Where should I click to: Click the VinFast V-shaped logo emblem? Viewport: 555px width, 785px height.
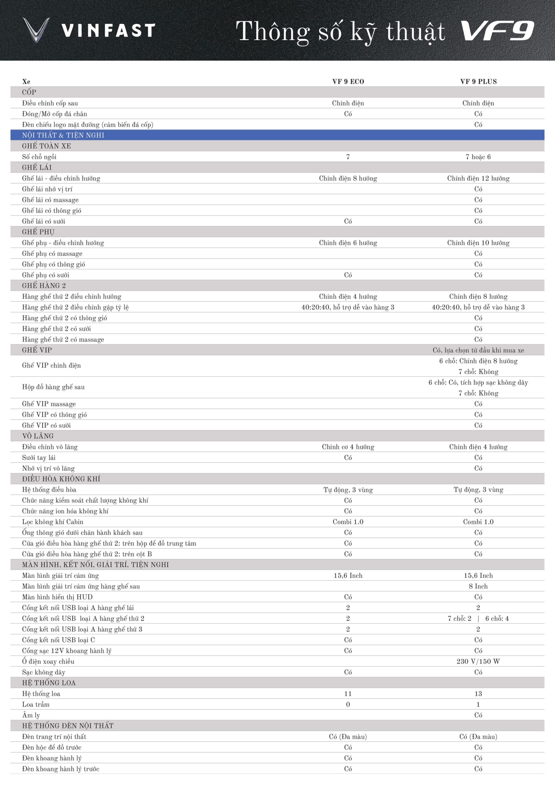(x=36, y=30)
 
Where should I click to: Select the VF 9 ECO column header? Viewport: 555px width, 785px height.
(x=348, y=82)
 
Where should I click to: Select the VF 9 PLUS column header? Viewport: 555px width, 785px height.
(x=478, y=82)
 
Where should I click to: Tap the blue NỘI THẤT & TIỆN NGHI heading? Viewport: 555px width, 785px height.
(x=63, y=135)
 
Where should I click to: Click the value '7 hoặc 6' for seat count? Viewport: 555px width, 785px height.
(x=478, y=157)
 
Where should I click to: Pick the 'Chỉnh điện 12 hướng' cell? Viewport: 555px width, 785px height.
(x=478, y=178)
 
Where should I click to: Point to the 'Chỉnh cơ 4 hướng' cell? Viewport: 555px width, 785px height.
(x=348, y=447)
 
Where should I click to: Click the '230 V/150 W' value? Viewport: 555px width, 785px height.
(x=478, y=661)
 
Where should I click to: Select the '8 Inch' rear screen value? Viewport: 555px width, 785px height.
(x=478, y=586)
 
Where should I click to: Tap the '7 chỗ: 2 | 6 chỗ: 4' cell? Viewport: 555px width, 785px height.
(x=478, y=618)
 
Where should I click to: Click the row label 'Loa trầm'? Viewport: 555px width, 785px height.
(x=36, y=704)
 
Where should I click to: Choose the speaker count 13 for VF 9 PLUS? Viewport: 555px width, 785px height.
(x=478, y=694)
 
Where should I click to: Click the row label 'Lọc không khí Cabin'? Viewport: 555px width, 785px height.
(x=53, y=522)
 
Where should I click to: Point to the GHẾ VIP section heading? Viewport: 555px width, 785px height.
(x=37, y=350)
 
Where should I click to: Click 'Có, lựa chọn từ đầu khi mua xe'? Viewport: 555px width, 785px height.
(x=478, y=350)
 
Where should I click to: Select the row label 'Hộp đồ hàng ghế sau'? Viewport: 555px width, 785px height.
(x=53, y=387)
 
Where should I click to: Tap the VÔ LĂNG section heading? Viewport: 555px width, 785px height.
(x=38, y=436)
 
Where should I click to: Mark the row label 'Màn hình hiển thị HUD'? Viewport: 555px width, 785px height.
(x=57, y=597)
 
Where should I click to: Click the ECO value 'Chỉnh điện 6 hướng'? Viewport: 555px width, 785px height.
(x=348, y=243)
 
